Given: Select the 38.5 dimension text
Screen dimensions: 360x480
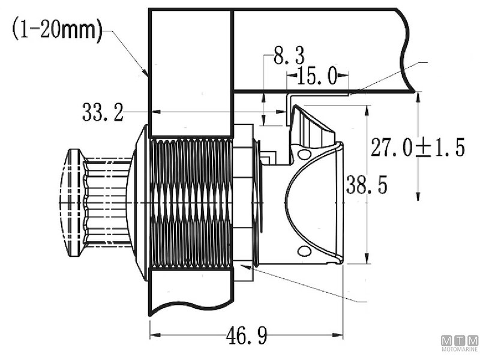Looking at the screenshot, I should point(365,186).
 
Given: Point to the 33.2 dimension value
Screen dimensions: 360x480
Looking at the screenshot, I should point(103,112).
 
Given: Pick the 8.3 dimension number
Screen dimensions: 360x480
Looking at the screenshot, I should point(289,58).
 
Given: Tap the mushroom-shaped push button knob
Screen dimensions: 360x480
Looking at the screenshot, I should point(76,202).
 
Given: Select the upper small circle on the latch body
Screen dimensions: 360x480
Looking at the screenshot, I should point(304,155).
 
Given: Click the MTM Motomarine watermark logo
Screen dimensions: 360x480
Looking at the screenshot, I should point(460,342).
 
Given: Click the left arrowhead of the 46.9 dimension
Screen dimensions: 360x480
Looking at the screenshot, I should point(154,335).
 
